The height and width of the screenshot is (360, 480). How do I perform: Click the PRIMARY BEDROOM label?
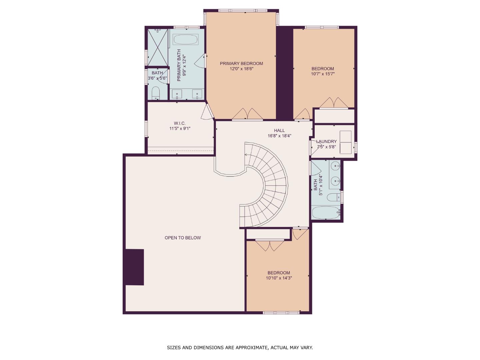click(x=241, y=63)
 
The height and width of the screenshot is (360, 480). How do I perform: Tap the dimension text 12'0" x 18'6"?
click(x=241, y=69)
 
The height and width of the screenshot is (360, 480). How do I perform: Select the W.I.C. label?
click(x=180, y=123)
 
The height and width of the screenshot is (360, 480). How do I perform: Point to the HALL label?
click(x=279, y=130)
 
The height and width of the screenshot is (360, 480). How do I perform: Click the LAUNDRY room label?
click(x=326, y=141)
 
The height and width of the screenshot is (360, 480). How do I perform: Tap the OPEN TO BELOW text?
click(x=183, y=238)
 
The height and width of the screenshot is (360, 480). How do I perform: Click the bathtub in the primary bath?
click(x=186, y=39)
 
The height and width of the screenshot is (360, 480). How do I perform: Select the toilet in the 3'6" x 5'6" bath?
click(x=156, y=93)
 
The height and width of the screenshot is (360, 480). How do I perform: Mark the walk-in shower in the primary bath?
click(x=157, y=47)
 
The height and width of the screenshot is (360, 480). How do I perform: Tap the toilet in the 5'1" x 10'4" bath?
click(x=334, y=197)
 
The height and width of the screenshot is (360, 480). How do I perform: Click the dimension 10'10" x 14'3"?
click(x=279, y=278)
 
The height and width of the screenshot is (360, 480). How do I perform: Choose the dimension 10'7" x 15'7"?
click(x=323, y=74)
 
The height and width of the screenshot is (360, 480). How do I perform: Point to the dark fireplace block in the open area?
click(x=134, y=267)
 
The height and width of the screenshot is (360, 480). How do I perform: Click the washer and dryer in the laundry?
click(x=346, y=142)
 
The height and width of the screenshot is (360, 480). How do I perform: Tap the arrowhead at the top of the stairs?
click(x=246, y=155)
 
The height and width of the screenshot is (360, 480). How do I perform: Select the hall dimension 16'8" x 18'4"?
click(x=279, y=136)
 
